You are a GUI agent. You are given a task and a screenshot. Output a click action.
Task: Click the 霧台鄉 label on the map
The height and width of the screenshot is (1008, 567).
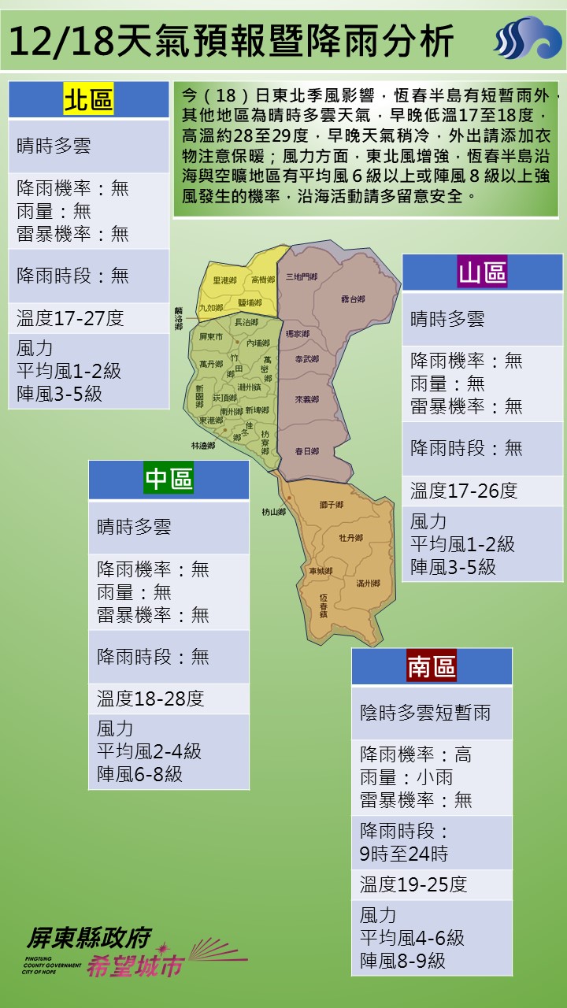tap(353, 299)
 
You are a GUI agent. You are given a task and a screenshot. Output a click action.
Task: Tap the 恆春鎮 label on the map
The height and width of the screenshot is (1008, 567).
tap(323, 604)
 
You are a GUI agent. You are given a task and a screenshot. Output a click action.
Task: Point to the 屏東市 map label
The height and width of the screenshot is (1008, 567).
tap(212, 336)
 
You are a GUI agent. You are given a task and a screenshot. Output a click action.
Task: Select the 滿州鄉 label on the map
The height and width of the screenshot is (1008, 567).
tap(368, 583)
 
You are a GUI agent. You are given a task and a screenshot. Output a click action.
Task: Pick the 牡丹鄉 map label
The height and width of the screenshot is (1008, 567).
tap(350, 537)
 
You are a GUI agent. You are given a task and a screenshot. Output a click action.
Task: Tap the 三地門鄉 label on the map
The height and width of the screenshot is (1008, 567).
tap(301, 276)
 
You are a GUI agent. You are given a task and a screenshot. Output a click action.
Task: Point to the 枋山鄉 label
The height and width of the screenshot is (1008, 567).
tap(272, 512)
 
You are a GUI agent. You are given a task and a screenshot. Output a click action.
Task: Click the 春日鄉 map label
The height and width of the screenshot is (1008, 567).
tap(306, 451)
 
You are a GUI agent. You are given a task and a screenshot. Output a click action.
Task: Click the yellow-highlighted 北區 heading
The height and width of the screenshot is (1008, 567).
tap(88, 100)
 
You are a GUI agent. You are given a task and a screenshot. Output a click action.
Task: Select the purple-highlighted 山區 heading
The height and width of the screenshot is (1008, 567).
tap(482, 272)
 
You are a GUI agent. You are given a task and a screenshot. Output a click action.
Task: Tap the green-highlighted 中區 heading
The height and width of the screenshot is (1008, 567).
tap(169, 479)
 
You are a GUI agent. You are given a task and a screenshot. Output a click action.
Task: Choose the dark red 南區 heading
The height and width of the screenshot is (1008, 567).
tap(432, 667)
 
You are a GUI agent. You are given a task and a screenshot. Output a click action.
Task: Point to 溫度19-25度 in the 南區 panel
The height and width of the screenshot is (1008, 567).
tap(413, 884)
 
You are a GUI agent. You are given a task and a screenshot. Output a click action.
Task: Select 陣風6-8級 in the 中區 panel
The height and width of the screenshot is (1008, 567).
tap(139, 773)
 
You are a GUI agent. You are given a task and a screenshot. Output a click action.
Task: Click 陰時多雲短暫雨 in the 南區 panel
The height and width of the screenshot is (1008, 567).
tap(425, 713)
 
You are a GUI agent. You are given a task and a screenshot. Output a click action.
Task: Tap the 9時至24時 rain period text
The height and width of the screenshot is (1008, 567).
tap(404, 854)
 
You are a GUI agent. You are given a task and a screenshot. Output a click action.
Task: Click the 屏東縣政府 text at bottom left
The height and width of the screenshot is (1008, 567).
tap(88, 937)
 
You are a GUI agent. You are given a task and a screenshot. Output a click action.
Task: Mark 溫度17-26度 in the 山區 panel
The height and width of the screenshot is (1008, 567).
tap(464, 491)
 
